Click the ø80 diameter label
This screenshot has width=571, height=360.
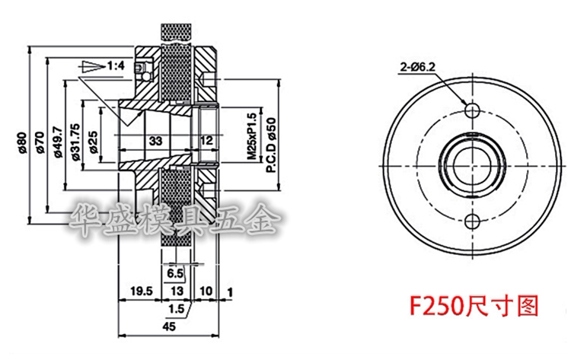pos(22,142)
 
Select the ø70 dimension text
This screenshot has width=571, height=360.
pos(40,142)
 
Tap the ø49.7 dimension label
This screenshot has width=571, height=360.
pos(58,142)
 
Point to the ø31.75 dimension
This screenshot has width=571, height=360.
pos(75,142)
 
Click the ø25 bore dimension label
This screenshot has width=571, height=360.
pos(94,142)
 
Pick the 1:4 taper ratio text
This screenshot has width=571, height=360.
pos(116,66)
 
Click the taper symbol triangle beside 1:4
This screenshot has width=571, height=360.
pos(93,66)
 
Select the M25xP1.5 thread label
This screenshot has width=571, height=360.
pos(252,136)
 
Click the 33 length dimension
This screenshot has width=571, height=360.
pos(155,141)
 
